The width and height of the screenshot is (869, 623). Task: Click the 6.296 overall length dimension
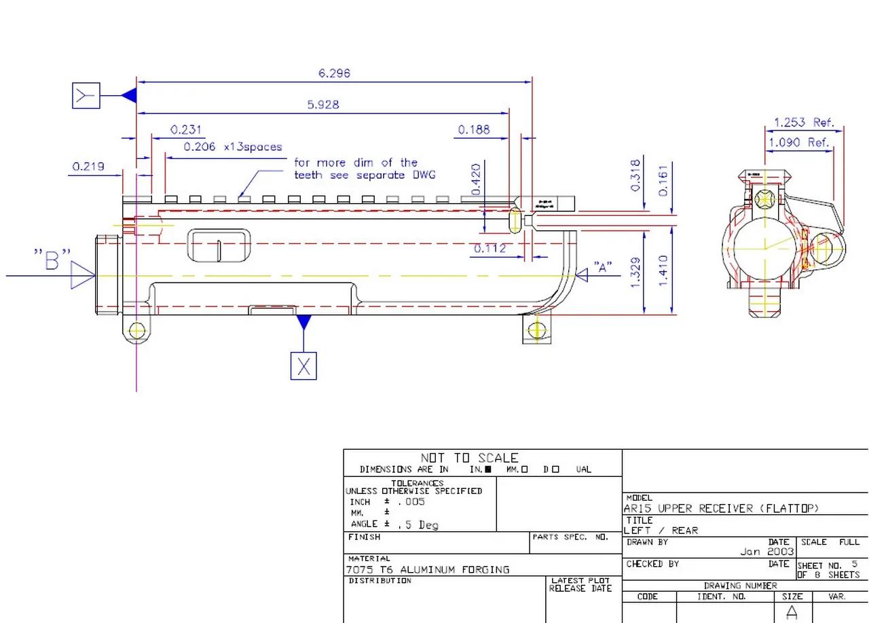point(334,73)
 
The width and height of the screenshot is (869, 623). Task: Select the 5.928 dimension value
point(323,105)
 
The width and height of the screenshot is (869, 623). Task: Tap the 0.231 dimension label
point(186,130)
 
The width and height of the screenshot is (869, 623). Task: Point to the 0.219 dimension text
point(88,166)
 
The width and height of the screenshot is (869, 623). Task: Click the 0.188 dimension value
point(474,130)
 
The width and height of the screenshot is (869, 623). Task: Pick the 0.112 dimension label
point(489,249)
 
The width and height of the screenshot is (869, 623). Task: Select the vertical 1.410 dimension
point(663,270)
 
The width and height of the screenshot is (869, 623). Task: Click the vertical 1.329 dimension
point(636,272)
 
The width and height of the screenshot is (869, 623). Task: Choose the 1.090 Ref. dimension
point(798,143)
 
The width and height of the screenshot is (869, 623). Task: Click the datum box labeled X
point(303,366)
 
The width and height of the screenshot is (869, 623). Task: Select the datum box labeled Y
point(86,96)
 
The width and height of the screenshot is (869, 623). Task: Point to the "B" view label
point(52,260)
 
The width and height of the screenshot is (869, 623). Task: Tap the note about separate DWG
point(365,168)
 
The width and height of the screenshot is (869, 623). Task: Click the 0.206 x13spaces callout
point(232,147)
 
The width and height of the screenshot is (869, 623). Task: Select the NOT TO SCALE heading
point(469,458)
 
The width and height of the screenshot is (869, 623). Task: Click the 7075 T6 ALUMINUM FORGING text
point(428,569)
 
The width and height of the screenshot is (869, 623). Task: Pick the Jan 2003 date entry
point(766,552)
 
